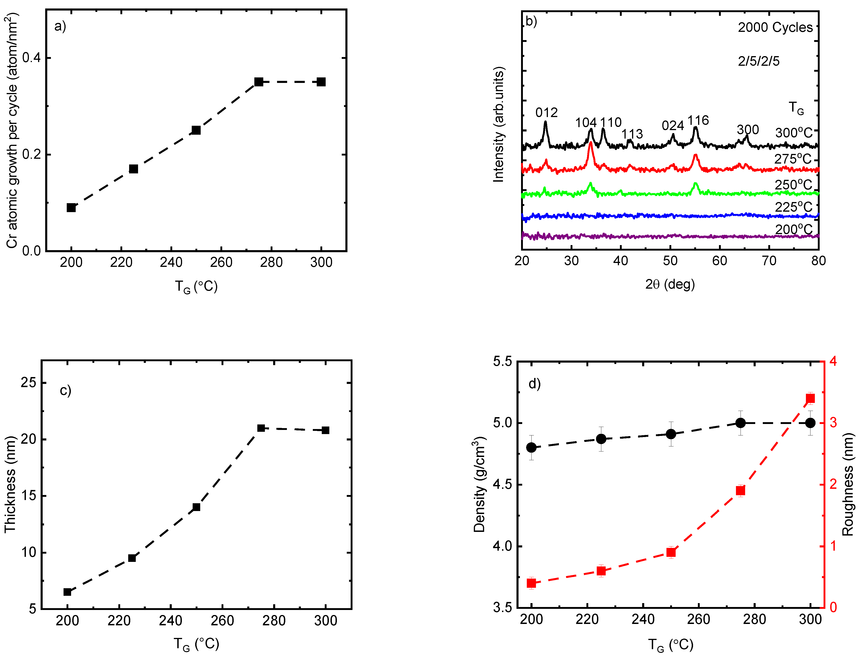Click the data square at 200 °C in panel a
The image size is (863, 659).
[71, 208]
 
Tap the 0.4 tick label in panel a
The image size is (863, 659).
[31, 58]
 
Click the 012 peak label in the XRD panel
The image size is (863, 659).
[546, 113]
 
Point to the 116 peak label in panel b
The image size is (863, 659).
[698, 120]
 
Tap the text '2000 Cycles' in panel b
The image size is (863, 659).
[775, 27]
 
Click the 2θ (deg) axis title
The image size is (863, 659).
[670, 284]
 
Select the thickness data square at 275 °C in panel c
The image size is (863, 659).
[261, 428]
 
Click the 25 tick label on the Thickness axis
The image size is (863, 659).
[28, 383]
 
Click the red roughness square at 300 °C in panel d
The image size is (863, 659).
[810, 399]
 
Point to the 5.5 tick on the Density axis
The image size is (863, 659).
[502, 361]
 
